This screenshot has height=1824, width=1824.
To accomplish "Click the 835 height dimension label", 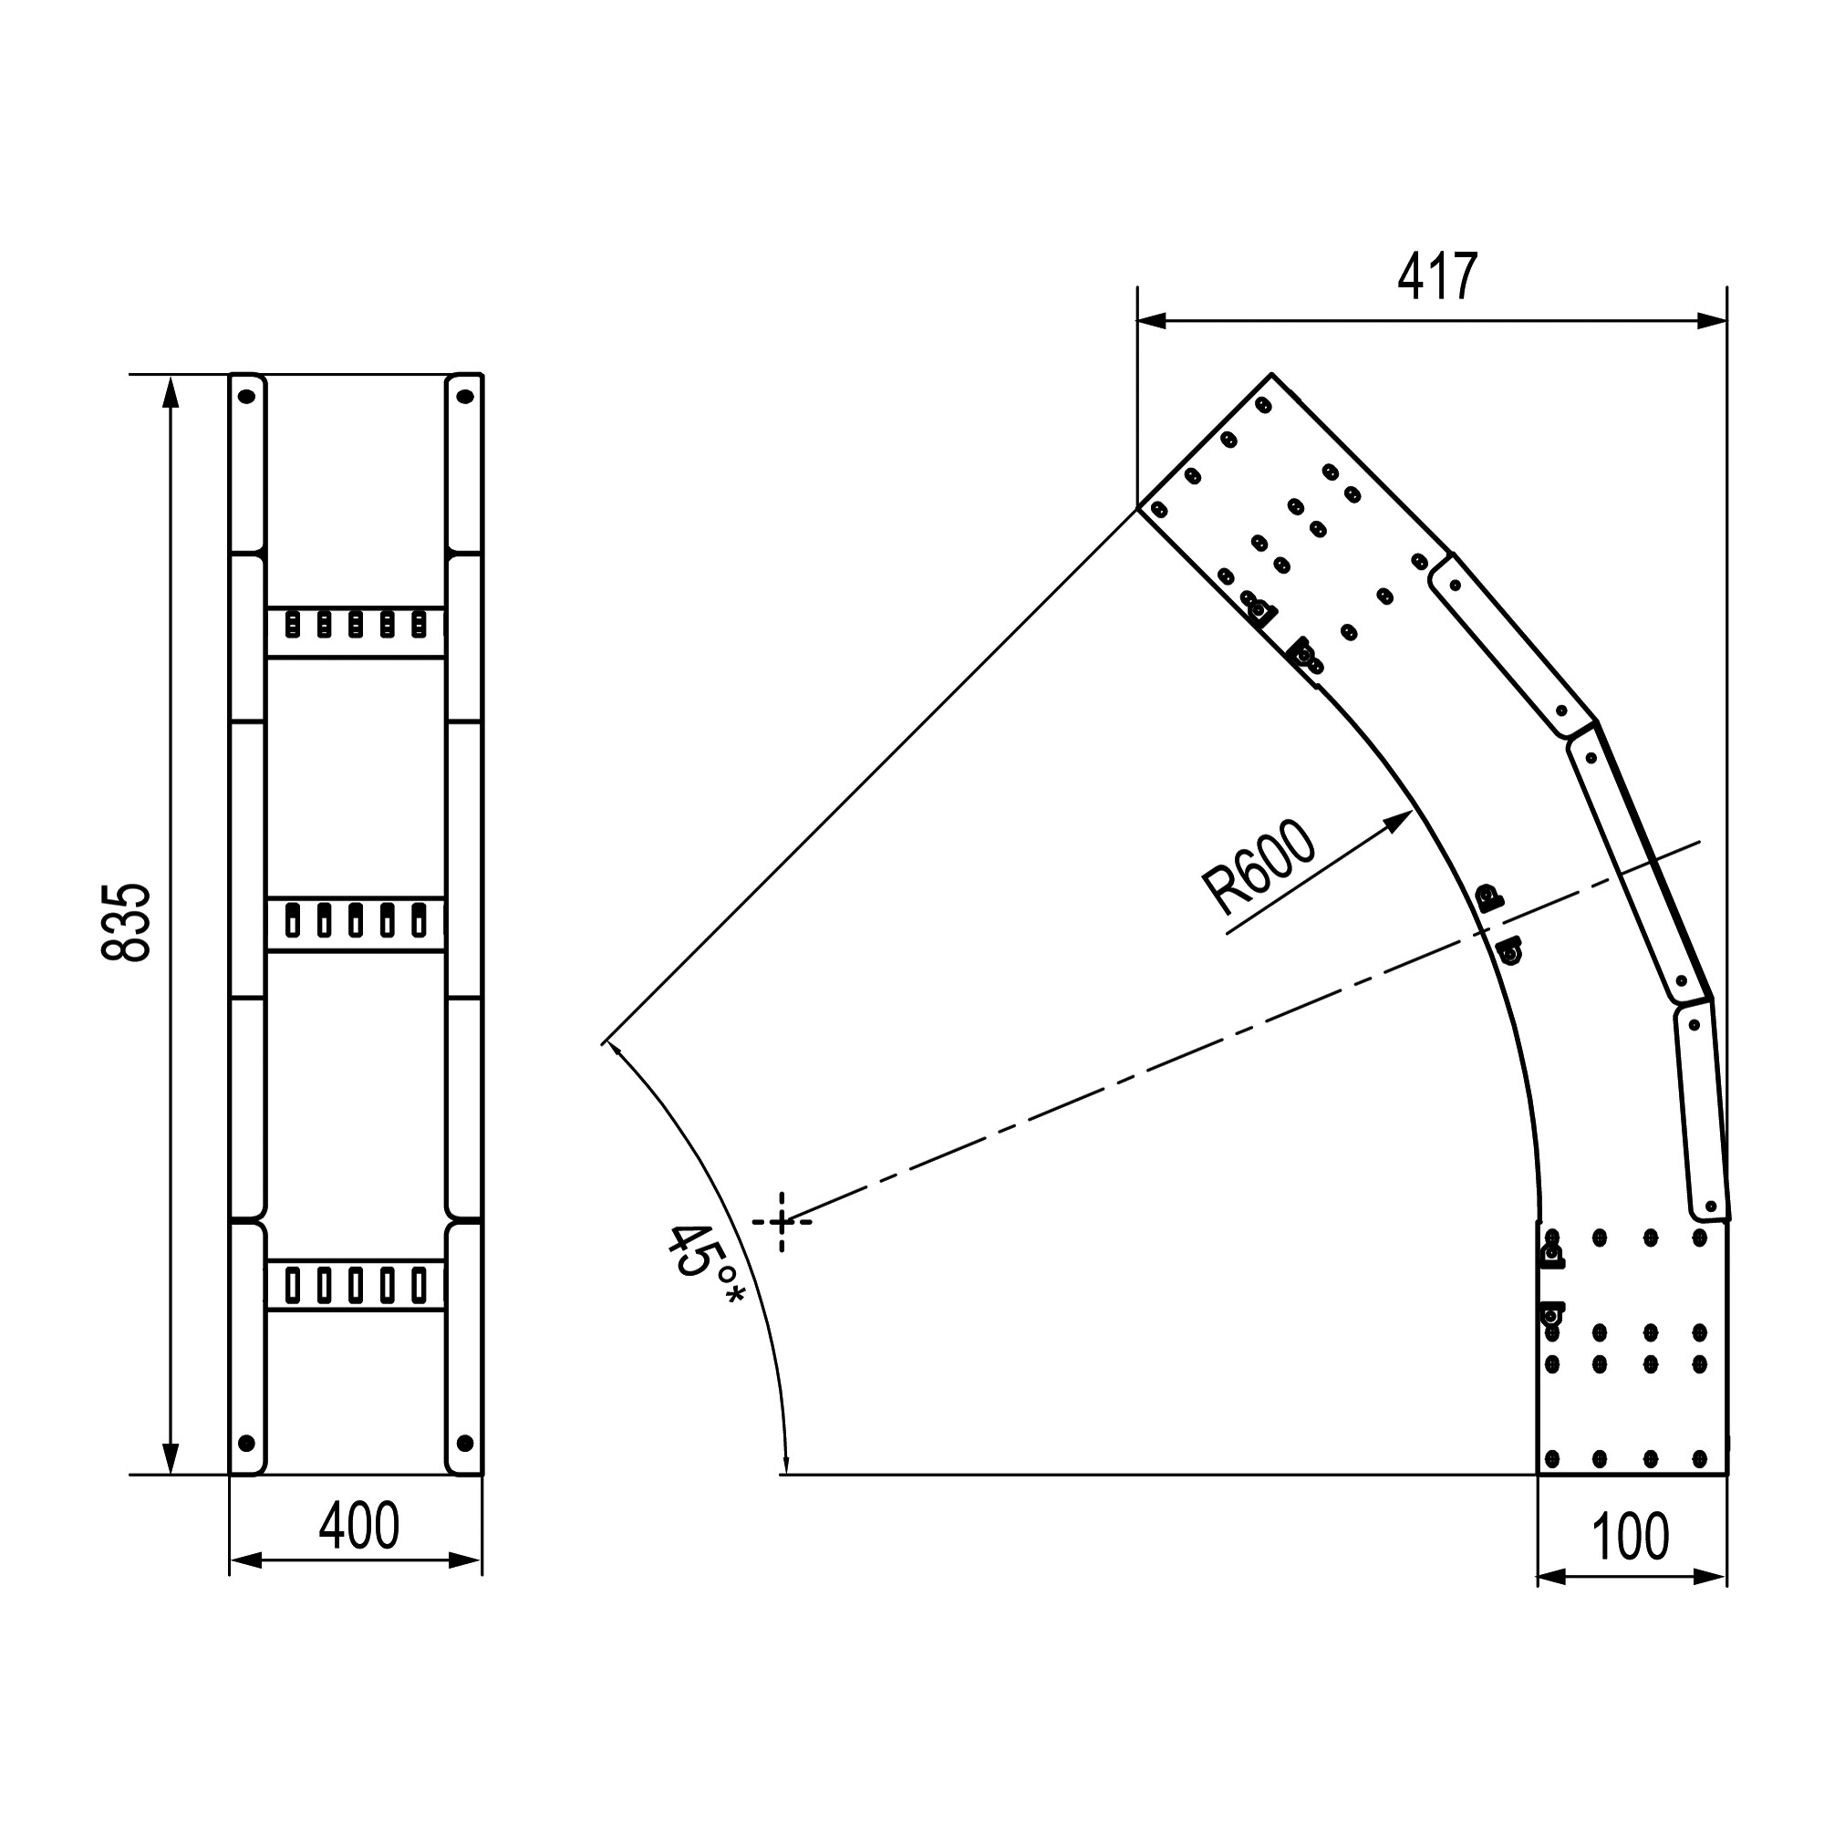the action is click(x=126, y=922).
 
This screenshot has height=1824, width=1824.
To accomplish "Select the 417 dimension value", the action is click(x=1437, y=277).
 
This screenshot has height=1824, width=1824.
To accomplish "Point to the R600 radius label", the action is click(x=1259, y=867).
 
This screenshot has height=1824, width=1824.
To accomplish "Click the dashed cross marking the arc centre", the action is click(x=782, y=1222).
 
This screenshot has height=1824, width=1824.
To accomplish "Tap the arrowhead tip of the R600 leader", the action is click(x=1413, y=810).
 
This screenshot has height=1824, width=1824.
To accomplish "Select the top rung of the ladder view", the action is click(x=356, y=633).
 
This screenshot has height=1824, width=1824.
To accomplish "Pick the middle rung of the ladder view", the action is click(x=356, y=924).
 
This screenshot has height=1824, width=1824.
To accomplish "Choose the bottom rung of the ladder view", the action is click(x=356, y=1285).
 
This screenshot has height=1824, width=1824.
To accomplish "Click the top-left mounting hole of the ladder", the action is click(x=246, y=397).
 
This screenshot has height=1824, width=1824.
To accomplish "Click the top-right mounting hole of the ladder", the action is click(x=464, y=397).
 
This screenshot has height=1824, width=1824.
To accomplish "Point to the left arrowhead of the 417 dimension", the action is click(x=1138, y=321).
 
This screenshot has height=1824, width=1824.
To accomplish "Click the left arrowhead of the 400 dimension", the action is click(x=231, y=1560).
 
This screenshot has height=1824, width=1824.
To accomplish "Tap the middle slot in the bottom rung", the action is click(x=356, y=1286).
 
